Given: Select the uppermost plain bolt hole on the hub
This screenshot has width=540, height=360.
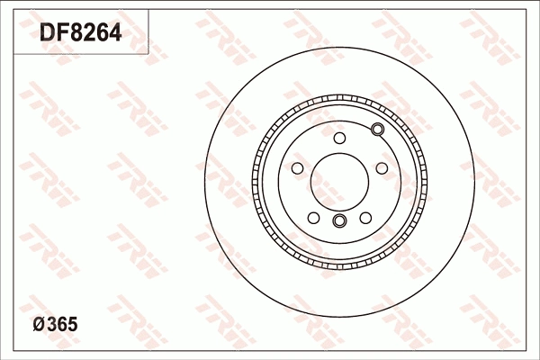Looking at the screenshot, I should click(339, 138).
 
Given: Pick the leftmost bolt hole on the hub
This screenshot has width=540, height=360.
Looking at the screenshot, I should click(297, 167).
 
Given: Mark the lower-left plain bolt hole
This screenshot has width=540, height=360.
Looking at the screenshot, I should click(313, 217).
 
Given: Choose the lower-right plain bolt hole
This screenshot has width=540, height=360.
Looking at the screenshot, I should click(365, 217).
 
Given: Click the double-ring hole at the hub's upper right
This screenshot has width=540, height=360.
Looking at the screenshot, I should click(377, 131).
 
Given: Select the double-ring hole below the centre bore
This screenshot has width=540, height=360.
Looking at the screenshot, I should click(339, 221).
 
